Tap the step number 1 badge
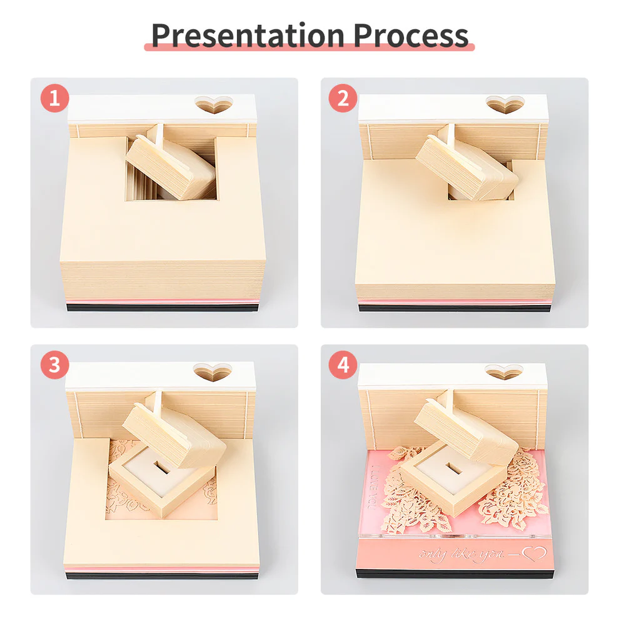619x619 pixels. click(55, 99)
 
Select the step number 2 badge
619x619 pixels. click(343, 99)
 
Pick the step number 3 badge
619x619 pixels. click(55, 366)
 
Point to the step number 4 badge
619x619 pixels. click(343, 366)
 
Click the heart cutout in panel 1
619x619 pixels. click(213, 104)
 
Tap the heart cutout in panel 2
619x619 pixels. click(504, 104)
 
